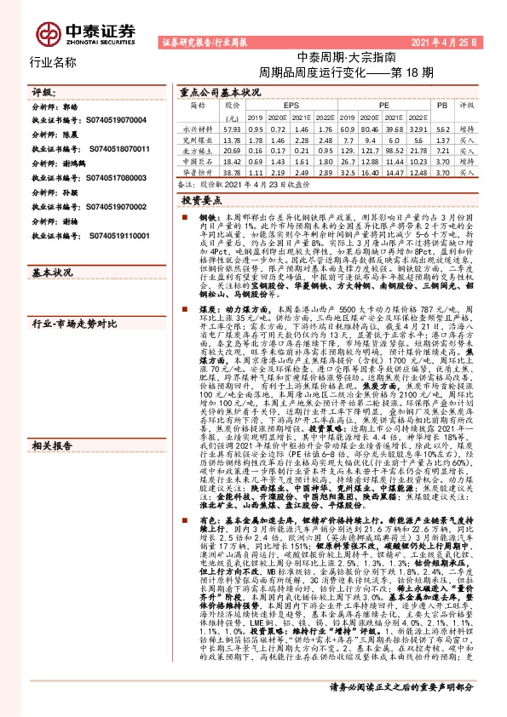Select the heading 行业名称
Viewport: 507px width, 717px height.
click(53, 62)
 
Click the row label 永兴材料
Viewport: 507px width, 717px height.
click(197, 127)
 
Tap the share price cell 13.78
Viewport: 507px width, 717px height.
click(232, 138)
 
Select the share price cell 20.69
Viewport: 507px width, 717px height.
click(232, 149)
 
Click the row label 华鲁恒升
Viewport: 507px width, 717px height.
click(197, 171)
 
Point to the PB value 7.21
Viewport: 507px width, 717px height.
click(441, 149)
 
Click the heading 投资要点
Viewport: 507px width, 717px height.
click(202, 198)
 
